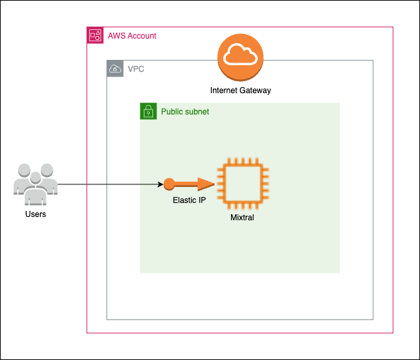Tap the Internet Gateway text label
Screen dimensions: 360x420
240,90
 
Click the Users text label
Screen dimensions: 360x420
35,214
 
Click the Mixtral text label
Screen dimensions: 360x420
242,217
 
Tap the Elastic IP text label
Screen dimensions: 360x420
189,200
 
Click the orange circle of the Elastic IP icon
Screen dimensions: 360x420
169,184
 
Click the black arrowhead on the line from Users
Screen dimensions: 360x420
160,184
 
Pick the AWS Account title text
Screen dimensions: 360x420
132,35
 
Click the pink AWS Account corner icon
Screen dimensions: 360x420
95,35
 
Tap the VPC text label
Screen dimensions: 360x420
136,69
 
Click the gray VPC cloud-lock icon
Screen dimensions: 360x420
115,69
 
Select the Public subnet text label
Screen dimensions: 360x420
185,111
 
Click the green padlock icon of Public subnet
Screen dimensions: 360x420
148,111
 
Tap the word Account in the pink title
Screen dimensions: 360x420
141,35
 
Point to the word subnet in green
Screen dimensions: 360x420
198,111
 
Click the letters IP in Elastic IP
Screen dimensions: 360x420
201,200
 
